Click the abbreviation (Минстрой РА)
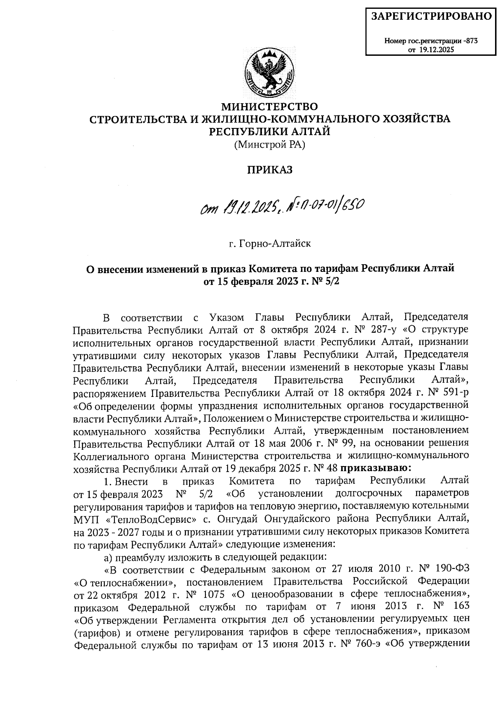(270, 145)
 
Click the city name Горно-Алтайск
(275, 243)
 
